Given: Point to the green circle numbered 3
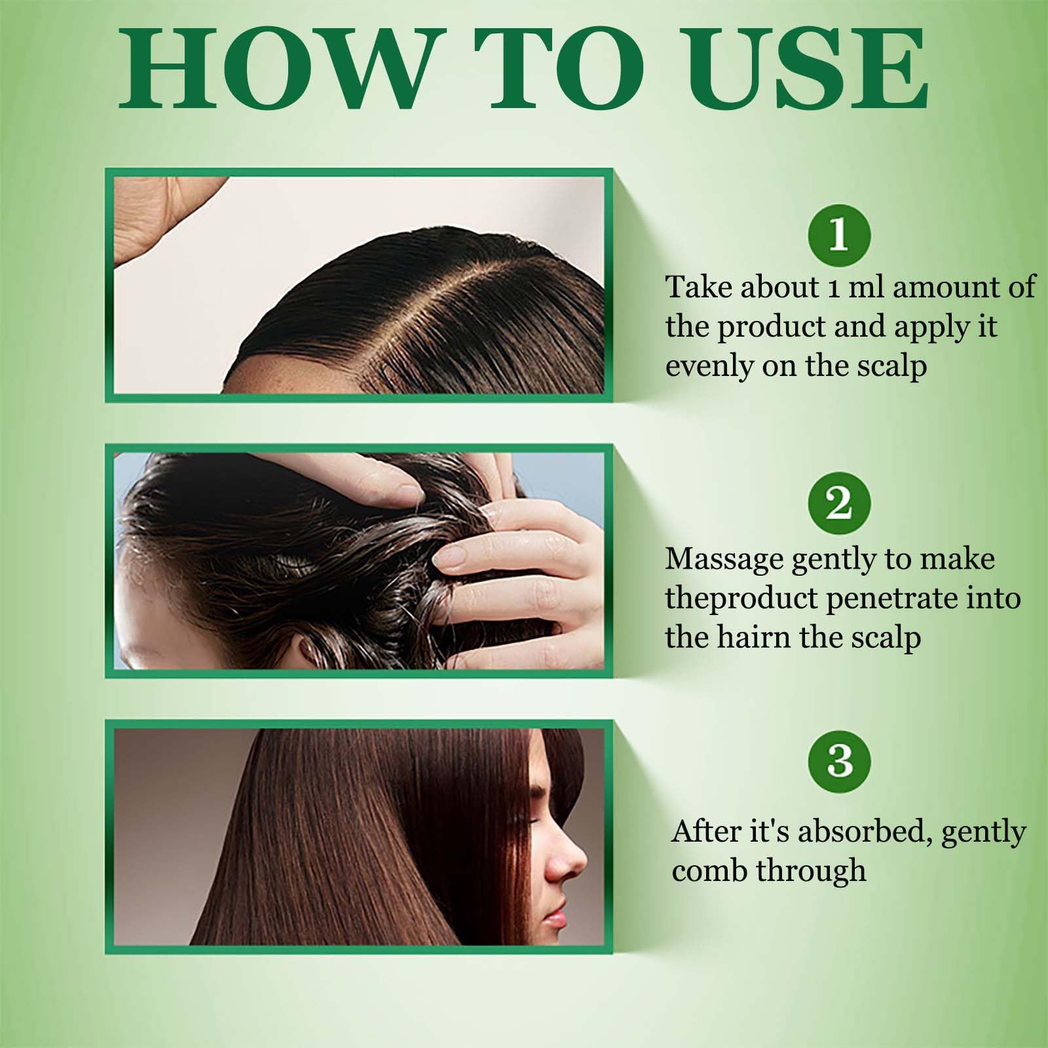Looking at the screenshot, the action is [x=839, y=760].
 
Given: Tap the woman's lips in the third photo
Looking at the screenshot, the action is [x=557, y=907].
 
